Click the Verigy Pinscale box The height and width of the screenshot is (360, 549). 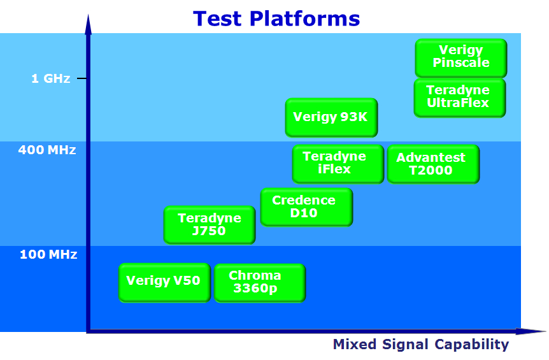(x=461, y=58)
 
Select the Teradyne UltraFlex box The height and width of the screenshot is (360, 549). (x=460, y=97)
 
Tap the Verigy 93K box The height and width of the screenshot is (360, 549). (x=331, y=117)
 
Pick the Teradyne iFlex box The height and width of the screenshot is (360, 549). (x=338, y=164)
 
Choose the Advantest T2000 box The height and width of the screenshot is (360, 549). (x=434, y=164)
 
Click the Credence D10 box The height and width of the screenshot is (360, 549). (x=307, y=207)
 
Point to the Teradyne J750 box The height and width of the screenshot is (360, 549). (x=210, y=225)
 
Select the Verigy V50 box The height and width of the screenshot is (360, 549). (x=164, y=282)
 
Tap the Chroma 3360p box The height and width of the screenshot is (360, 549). (x=260, y=283)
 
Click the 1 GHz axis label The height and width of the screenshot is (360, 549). (x=51, y=78)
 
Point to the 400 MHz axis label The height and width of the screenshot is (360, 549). (x=47, y=150)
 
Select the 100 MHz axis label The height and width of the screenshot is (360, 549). (x=48, y=254)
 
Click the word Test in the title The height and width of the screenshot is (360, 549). (x=217, y=18)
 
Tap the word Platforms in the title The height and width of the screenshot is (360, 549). (x=304, y=18)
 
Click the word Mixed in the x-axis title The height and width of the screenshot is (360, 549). (x=354, y=344)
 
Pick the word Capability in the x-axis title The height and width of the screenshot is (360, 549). (x=472, y=345)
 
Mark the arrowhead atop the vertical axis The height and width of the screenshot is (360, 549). (x=89, y=24)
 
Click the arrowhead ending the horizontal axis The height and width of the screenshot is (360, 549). (x=531, y=331)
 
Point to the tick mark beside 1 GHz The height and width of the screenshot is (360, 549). (x=82, y=78)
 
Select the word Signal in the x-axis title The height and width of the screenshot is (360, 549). (x=405, y=345)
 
